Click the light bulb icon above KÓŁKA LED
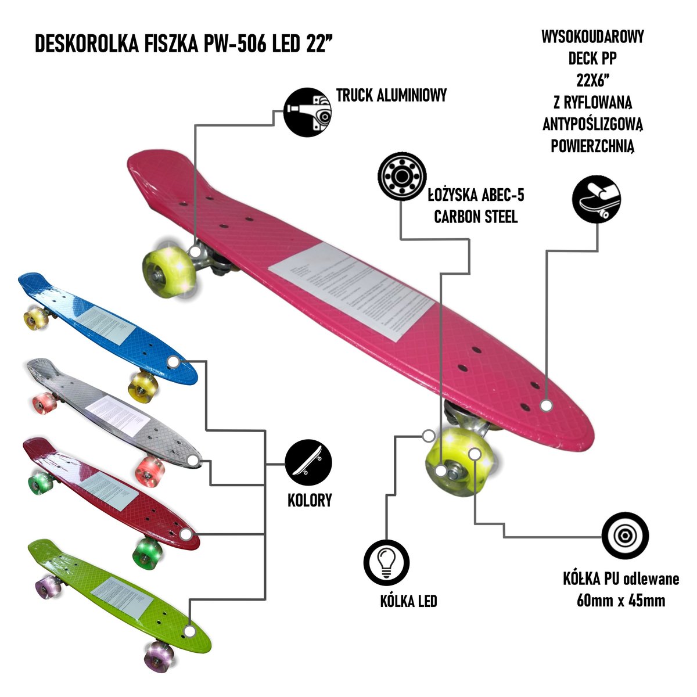point(387,562)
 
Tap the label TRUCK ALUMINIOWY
point(391,96)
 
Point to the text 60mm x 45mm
point(621,600)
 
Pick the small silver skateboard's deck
point(116,407)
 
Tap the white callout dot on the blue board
point(172,362)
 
